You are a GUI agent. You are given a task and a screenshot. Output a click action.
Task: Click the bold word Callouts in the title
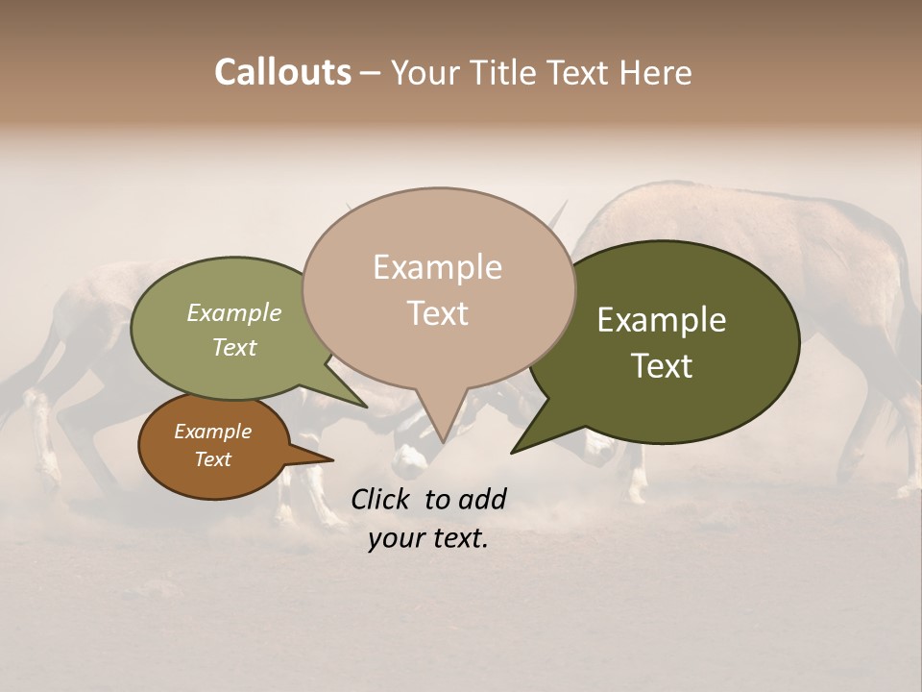(x=282, y=72)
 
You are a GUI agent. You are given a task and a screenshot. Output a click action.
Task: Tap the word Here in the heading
(x=657, y=72)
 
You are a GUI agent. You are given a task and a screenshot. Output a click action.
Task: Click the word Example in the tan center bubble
(x=437, y=267)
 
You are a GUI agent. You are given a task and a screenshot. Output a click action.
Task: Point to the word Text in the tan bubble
(x=437, y=312)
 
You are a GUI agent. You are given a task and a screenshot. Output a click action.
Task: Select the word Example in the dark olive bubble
(x=662, y=320)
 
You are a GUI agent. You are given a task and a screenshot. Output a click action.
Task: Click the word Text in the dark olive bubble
(x=662, y=365)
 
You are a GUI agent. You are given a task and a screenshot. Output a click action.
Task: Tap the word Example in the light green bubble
(x=234, y=312)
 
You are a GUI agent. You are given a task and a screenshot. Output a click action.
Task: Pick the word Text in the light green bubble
(x=234, y=347)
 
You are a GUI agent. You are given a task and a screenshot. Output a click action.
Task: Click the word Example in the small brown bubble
(x=212, y=432)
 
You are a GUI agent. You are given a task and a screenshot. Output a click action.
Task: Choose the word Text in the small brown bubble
(x=212, y=459)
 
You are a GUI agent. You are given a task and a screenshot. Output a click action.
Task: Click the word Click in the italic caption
(x=382, y=499)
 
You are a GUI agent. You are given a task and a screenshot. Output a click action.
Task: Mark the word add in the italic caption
(x=482, y=499)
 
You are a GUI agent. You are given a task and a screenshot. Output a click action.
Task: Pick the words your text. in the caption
(x=428, y=538)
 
